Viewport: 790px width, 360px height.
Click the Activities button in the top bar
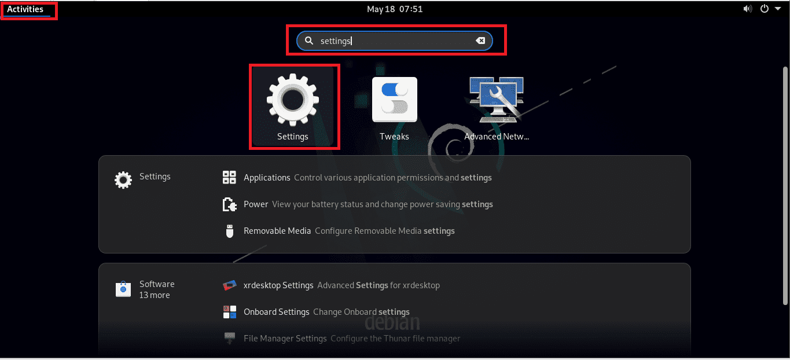point(25,9)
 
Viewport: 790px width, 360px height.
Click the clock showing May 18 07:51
point(395,9)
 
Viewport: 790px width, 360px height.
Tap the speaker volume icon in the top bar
point(747,9)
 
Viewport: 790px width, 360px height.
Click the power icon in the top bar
point(765,9)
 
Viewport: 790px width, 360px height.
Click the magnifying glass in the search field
point(309,41)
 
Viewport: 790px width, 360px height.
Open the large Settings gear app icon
point(293,100)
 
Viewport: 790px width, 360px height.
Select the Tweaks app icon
point(394,100)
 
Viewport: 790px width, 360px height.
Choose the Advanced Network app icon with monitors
point(497,100)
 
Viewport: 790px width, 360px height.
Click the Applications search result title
point(267,178)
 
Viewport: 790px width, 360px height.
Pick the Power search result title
point(256,204)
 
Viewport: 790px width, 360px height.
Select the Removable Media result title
point(277,231)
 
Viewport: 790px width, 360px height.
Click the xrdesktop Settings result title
point(278,285)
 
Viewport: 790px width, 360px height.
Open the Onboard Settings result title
point(276,312)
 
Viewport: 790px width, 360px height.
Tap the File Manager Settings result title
point(285,339)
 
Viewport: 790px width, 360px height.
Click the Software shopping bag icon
point(123,289)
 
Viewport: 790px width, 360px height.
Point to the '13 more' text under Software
point(155,295)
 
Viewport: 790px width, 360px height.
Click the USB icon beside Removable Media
point(230,232)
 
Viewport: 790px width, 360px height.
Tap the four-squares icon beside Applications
point(229,177)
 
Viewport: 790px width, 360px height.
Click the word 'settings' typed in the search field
point(336,41)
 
